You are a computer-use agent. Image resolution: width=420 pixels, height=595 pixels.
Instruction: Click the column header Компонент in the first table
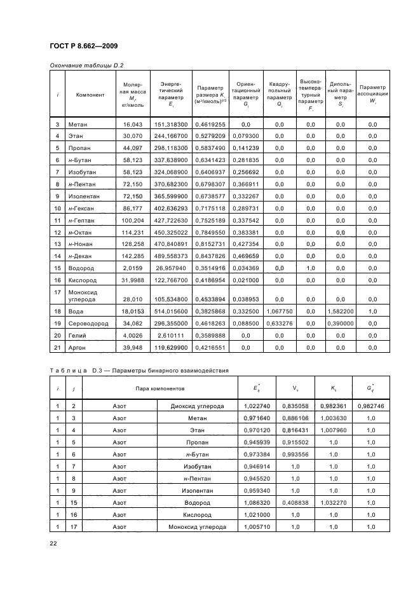90,95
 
